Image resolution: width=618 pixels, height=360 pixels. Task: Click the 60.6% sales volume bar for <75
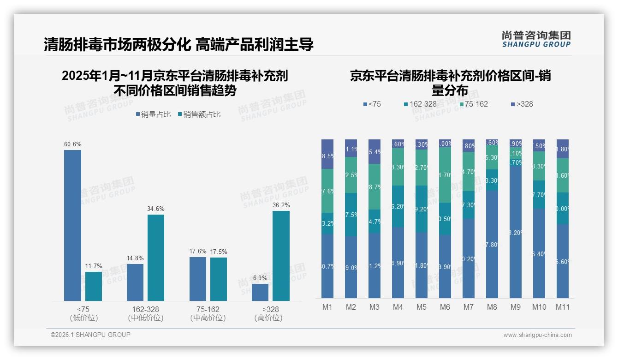click(72, 225)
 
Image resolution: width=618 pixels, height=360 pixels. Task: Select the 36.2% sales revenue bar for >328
click(281, 256)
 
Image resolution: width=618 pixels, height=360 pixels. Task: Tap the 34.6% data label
click(156, 209)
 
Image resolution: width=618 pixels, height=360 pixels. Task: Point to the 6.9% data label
click(260, 278)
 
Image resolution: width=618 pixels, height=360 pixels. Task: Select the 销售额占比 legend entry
click(198, 114)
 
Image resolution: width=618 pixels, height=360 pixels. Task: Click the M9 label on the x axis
click(516, 307)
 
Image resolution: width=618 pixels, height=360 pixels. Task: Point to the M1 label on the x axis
click(327, 307)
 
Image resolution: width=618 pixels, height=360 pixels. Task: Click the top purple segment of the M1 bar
click(327, 154)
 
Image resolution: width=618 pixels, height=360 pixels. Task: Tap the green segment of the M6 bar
click(445, 175)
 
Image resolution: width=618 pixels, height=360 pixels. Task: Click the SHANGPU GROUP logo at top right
click(536, 39)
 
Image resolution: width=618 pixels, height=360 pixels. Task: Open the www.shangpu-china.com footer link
click(537, 335)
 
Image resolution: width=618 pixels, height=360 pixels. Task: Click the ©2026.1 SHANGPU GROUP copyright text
click(90, 335)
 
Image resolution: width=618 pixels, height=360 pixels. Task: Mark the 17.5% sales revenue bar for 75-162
click(219, 279)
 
